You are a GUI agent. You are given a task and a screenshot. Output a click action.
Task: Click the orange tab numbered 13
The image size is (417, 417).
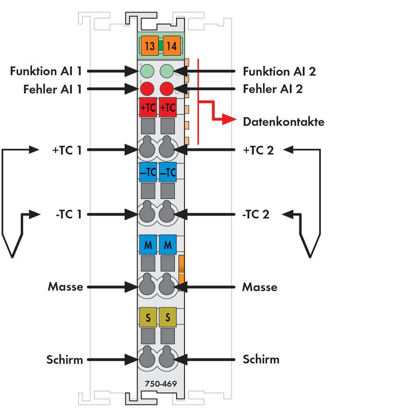149,46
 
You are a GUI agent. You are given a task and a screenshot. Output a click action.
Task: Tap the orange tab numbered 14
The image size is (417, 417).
172,46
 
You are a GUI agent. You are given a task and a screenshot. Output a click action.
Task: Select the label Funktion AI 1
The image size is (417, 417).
46,71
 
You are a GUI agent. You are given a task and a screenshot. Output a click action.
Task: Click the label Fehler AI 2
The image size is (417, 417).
273,89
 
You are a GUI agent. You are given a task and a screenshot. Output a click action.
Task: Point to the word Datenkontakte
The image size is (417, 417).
283,122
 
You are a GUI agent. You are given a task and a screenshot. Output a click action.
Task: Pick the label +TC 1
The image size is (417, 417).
67,150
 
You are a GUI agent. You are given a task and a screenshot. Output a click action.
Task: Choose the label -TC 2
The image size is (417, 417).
256,214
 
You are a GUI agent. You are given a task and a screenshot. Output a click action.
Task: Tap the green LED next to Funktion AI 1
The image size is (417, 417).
147,71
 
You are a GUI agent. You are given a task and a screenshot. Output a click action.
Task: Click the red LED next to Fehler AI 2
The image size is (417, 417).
167,89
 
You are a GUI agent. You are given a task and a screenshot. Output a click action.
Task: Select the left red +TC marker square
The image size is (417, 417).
148,107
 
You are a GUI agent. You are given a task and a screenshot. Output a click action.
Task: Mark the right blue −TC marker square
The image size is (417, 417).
167,172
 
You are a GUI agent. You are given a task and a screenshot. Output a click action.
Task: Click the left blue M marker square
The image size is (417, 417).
148,245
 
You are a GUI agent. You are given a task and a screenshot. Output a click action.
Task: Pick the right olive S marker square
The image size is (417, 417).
167,318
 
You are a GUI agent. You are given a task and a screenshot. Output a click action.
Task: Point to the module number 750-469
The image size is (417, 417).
160,384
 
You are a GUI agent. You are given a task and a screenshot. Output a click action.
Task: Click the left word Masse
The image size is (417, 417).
65,287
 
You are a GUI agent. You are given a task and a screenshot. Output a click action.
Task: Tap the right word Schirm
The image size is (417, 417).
260,359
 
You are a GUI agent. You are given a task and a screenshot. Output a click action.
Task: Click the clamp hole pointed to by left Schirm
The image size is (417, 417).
147,359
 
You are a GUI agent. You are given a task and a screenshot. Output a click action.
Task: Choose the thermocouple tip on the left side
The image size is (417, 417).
11,256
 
